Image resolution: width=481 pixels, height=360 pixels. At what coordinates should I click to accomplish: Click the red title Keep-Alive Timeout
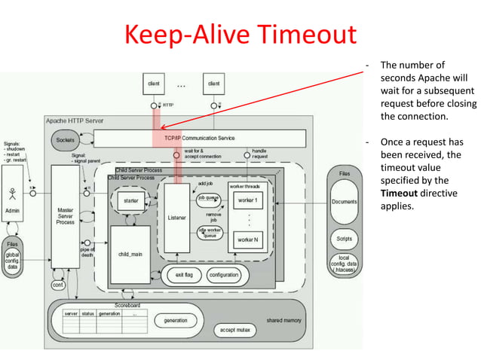click(239, 35)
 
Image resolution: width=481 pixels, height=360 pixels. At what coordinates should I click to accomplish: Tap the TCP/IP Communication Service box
click(200, 139)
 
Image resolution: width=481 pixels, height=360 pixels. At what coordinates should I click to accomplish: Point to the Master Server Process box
click(66, 215)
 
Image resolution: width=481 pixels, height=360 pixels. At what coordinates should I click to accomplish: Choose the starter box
click(130, 202)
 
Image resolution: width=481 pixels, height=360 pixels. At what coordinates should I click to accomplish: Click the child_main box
click(130, 255)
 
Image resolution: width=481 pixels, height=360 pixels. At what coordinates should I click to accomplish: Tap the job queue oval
click(209, 200)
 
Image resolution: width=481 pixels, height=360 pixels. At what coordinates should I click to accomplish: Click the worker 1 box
click(247, 200)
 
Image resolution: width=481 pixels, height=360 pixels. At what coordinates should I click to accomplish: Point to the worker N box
click(247, 239)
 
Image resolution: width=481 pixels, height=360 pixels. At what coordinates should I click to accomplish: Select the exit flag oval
click(184, 276)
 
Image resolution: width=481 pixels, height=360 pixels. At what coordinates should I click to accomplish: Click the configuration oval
click(223, 276)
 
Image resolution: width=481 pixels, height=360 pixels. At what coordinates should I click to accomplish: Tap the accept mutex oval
click(233, 329)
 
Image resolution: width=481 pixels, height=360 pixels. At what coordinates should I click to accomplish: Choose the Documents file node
click(344, 203)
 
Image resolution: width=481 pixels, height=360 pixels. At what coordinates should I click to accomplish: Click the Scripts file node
click(344, 239)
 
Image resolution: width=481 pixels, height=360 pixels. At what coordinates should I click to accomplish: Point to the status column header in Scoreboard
click(89, 313)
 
